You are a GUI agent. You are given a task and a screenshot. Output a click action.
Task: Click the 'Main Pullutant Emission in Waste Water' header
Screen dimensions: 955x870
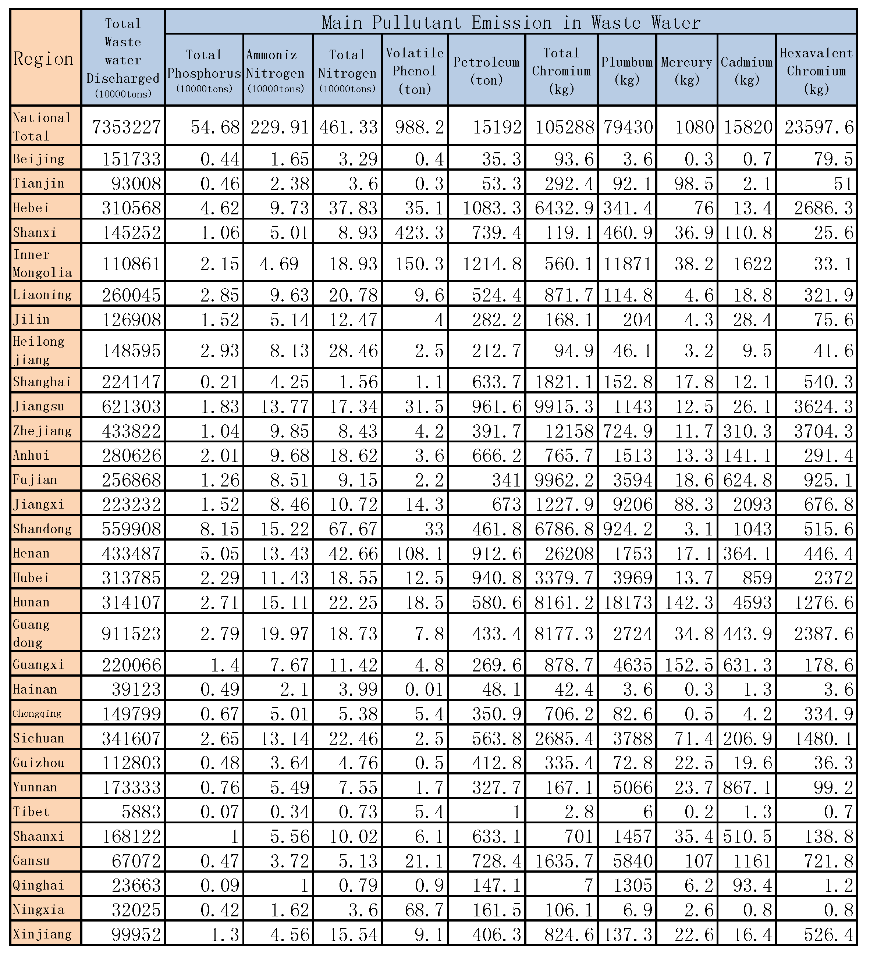[x=511, y=22]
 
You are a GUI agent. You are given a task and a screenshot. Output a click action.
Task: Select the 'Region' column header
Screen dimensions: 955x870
[x=44, y=59]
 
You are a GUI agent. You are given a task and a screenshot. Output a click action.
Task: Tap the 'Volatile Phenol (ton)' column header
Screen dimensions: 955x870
[x=415, y=71]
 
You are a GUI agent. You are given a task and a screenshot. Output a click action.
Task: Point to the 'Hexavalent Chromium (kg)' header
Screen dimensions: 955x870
[x=816, y=71]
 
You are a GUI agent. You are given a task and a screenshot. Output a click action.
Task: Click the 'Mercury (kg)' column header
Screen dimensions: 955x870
[x=686, y=71]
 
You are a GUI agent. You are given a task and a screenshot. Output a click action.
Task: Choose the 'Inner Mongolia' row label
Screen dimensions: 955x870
[x=43, y=263]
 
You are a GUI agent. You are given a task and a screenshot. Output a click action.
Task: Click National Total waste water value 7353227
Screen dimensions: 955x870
[x=127, y=127]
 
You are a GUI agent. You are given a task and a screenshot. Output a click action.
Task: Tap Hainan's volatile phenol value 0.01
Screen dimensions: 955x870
[x=425, y=689]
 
